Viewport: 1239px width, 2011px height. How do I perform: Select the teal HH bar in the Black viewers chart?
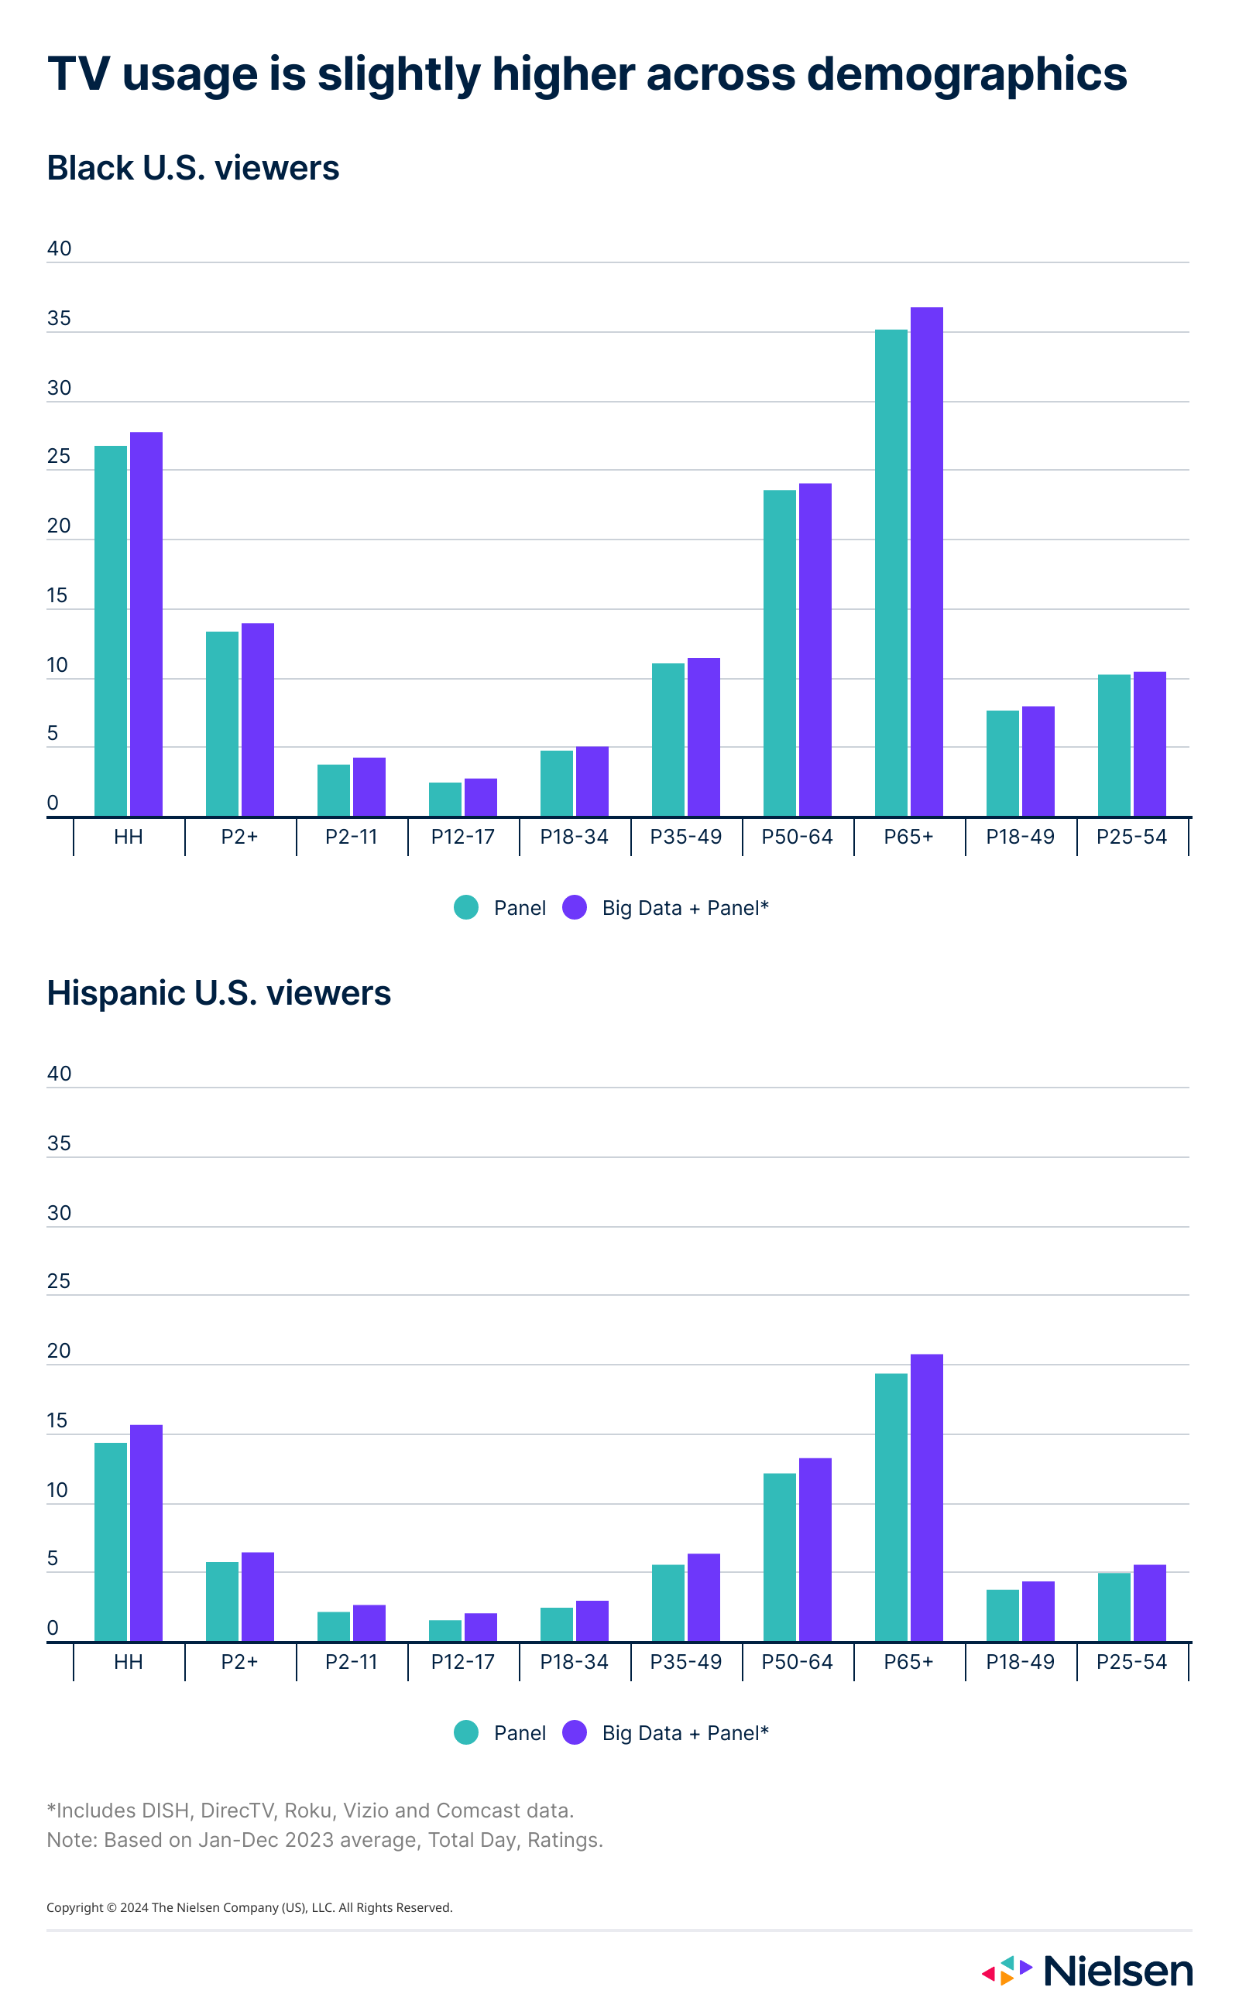click(111, 631)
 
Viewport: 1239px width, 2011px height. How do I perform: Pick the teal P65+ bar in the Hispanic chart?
click(891, 1507)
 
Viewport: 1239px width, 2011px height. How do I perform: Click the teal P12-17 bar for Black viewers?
click(445, 800)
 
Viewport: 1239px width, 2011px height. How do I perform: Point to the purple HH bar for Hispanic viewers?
click(146, 1533)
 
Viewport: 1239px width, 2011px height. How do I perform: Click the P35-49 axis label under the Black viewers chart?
click(686, 836)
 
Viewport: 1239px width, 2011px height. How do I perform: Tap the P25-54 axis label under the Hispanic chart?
click(1131, 1661)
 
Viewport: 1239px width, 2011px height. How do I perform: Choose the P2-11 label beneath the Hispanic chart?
click(351, 1661)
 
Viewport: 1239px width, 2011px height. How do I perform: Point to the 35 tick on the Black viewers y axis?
click(59, 318)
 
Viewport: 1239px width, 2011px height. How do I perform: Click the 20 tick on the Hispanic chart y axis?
click(59, 1350)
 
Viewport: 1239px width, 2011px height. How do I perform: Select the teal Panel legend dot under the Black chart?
click(466, 908)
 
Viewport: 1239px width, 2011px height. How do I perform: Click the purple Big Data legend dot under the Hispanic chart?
click(575, 1732)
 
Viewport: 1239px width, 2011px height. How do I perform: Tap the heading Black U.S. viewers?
click(193, 168)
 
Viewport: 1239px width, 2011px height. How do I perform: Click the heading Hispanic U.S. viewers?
click(219, 993)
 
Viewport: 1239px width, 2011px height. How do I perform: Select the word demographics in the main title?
click(966, 74)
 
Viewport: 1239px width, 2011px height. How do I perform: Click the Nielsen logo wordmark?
click(1117, 1971)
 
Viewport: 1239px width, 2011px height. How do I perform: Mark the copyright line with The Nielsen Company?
click(249, 1908)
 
